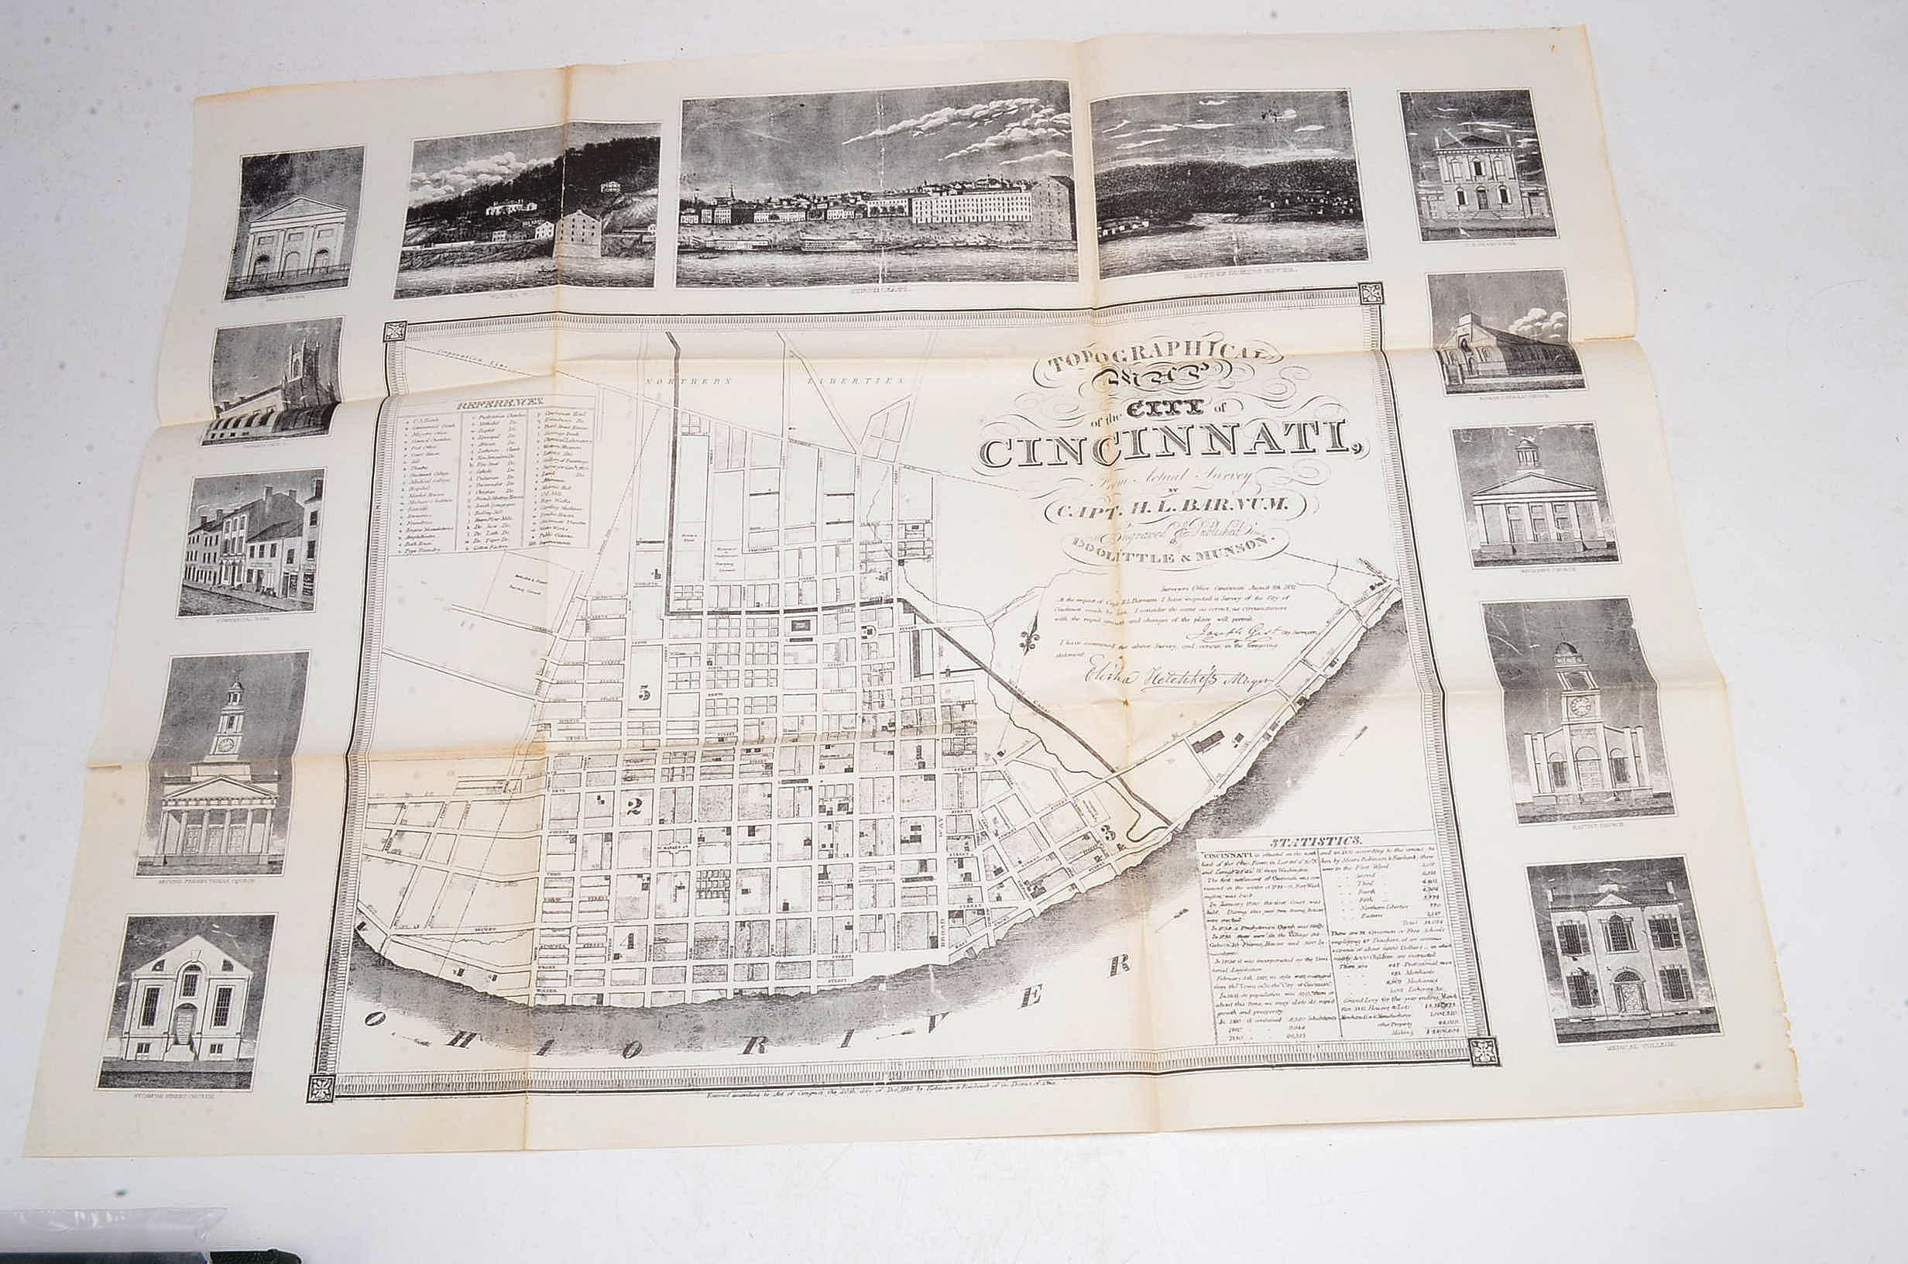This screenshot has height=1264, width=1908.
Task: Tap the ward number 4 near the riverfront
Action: [x=630, y=940]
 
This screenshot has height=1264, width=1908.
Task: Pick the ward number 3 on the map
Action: [x=1110, y=835]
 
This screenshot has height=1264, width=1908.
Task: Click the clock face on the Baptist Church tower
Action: [x=1580, y=706]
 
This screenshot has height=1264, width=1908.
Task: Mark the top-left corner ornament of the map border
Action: [x=395, y=332]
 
